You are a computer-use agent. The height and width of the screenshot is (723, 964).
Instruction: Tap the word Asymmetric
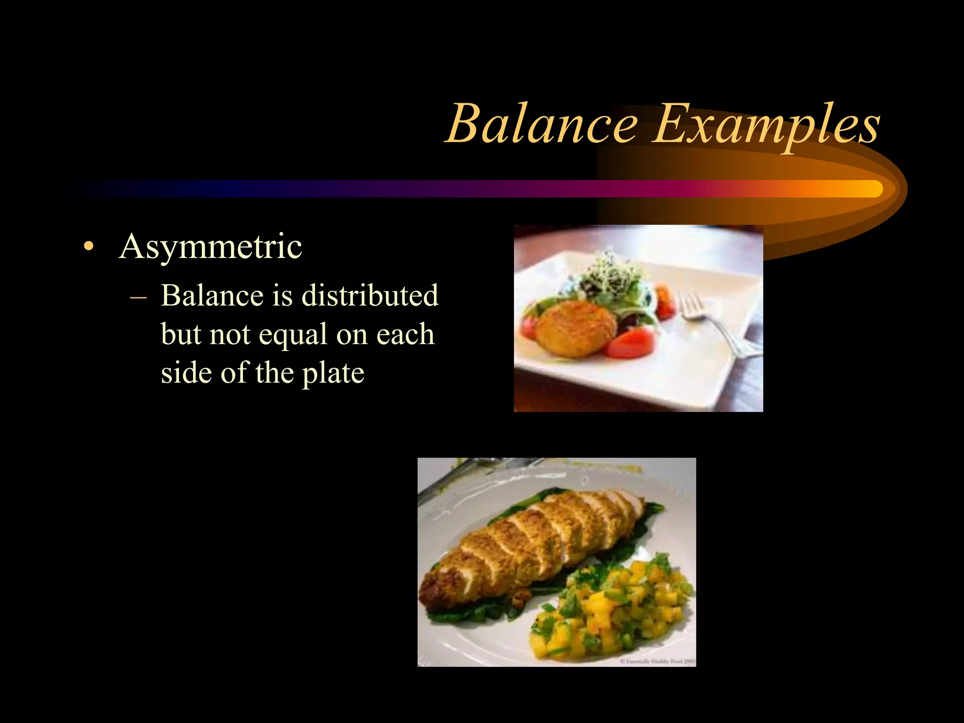(210, 246)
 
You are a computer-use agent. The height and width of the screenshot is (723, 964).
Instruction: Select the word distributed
(370, 296)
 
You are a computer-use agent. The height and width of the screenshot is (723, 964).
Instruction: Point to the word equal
(293, 334)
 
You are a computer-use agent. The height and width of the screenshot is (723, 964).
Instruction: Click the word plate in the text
(333, 373)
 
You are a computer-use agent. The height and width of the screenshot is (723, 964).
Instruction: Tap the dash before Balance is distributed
(137, 297)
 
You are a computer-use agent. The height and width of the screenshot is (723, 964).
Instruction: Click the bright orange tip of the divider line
(871, 189)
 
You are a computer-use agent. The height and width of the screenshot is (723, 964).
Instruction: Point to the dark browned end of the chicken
(440, 584)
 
